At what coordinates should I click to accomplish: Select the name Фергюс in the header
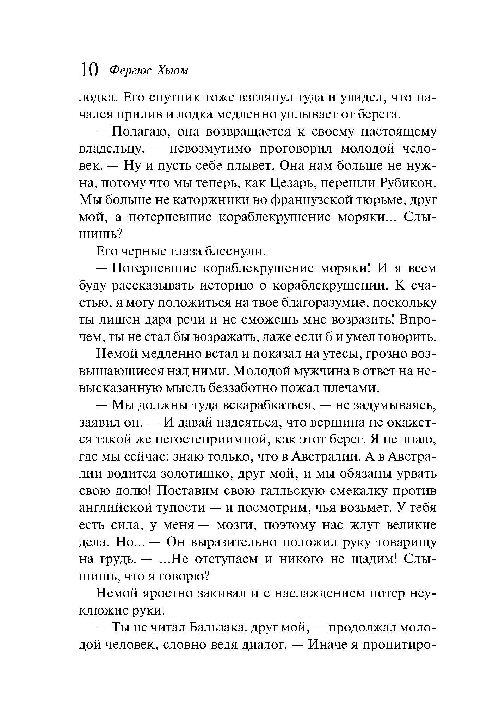coord(131,71)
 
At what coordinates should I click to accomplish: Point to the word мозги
coord(234,525)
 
